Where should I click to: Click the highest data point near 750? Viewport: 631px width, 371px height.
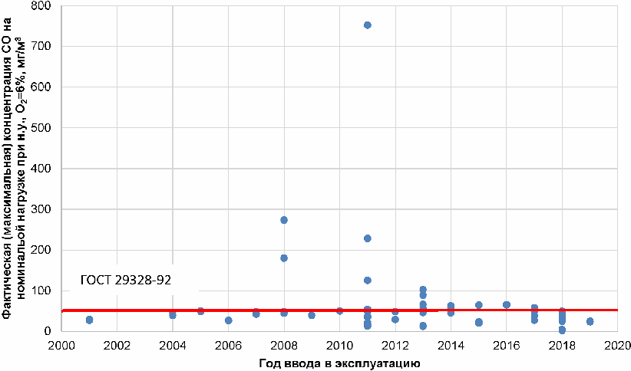368,25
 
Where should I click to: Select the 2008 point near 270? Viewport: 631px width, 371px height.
284,220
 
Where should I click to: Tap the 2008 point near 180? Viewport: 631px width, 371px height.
284,258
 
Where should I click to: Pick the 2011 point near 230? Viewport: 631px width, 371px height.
368,238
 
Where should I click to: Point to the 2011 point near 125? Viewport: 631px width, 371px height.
368,280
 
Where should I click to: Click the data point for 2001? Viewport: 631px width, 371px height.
89,320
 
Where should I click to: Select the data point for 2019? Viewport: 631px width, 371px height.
590,322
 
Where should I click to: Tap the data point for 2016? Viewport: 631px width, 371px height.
507,304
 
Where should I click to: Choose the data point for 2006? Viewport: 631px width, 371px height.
228,320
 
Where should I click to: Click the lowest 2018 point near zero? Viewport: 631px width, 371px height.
562,330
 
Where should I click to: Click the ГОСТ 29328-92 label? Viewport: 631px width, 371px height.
126,280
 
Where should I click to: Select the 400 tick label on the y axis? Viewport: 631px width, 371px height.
41,169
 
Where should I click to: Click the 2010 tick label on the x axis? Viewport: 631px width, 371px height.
339,346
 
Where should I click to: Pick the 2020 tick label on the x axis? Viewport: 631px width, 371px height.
617,346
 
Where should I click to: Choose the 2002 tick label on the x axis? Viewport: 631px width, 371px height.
117,346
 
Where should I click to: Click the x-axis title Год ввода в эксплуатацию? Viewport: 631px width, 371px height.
339,364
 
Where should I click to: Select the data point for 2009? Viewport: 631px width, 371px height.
312,315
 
